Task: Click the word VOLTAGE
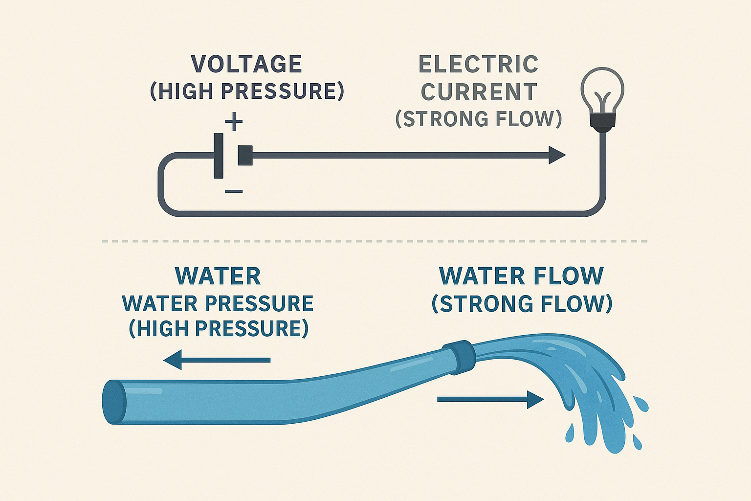(246, 64)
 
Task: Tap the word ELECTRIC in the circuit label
(479, 65)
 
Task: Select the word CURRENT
(479, 92)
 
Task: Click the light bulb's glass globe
(602, 89)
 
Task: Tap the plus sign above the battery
(234, 122)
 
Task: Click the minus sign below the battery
(234, 191)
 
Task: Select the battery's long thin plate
(219, 156)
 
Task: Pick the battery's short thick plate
(245, 156)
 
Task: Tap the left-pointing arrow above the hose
(217, 360)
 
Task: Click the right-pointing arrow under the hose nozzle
(490, 399)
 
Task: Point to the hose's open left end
(114, 402)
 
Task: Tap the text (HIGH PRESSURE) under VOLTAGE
(247, 91)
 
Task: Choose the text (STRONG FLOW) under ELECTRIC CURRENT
(479, 119)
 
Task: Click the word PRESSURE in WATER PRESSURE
(259, 304)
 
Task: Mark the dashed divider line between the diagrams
(375, 241)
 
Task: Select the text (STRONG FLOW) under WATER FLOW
(522, 304)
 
